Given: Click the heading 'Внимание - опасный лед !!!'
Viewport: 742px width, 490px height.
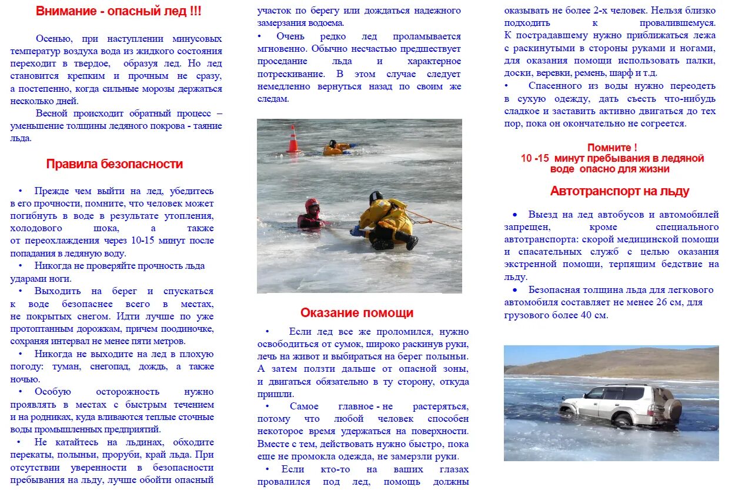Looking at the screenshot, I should click(x=118, y=11).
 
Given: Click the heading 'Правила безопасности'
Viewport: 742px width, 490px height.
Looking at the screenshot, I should click(x=115, y=164).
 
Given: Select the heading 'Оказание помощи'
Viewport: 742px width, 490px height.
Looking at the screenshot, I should click(x=357, y=313).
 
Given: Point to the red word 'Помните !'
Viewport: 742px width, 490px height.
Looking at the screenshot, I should click(x=612, y=148).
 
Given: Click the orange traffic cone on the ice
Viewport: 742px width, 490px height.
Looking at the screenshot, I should click(x=293, y=139).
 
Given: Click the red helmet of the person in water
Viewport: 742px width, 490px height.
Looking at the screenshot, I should click(x=312, y=205).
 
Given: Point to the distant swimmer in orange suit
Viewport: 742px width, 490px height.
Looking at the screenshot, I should click(x=336, y=148).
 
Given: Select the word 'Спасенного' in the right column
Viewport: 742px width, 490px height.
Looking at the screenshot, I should click(x=551, y=86).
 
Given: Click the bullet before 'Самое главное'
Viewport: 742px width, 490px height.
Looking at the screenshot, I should click(x=268, y=406).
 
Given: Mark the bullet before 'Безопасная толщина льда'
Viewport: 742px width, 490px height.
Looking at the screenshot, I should click(x=515, y=290).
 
